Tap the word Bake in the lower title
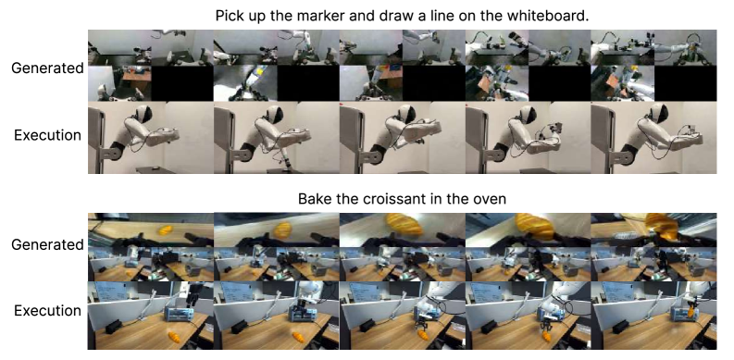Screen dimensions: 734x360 pos(314,199)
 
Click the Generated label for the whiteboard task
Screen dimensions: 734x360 pos(47,68)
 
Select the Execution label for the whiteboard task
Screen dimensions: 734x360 pos(47,135)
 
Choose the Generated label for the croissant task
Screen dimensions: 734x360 pos(47,245)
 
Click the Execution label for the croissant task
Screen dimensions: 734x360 pos(47,311)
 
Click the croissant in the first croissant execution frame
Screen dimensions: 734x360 pos(174,337)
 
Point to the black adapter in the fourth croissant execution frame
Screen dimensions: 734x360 pos(491,327)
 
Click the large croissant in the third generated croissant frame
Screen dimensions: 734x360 pos(404,224)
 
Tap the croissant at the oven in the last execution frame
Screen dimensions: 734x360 pos(690,310)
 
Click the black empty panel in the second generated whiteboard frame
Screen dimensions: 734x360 pos(307,83)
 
